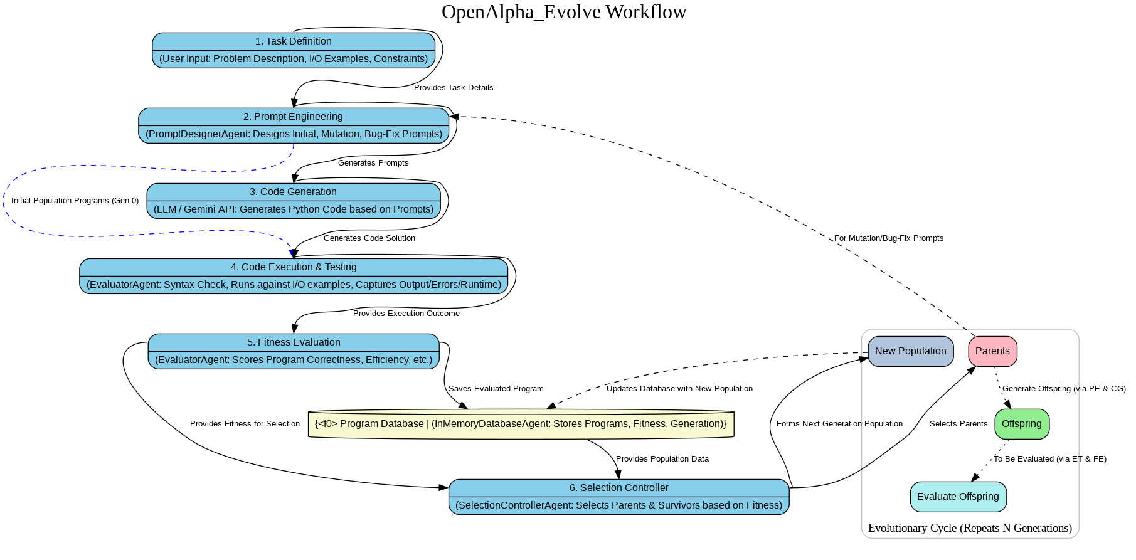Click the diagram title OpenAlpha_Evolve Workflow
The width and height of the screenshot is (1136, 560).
click(563, 12)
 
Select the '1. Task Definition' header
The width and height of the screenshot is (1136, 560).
click(293, 41)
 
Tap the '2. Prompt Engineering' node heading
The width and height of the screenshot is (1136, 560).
click(293, 117)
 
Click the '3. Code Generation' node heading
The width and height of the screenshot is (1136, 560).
click(293, 192)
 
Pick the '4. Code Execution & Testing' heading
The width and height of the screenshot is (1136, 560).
click(293, 267)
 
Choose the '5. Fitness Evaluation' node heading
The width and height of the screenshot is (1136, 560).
click(293, 342)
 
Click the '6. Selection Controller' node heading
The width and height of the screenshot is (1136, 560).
click(618, 488)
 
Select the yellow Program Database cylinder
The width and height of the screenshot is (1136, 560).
click(521, 424)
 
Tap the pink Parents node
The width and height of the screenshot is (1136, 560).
click(992, 351)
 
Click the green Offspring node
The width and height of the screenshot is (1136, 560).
click(1021, 424)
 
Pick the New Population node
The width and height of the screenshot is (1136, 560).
click(910, 351)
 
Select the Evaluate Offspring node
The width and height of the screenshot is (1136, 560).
click(958, 497)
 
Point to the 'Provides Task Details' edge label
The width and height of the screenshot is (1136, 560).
click(454, 88)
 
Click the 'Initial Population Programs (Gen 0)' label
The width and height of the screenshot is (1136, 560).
click(75, 201)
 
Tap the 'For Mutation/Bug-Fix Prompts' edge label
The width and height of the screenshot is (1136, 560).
click(888, 238)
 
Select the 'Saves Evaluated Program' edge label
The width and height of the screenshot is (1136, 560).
click(496, 389)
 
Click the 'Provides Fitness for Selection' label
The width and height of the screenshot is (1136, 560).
click(245, 424)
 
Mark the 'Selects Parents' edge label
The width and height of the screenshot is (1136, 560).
click(958, 424)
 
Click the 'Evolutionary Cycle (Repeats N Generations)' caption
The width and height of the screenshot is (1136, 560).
click(970, 528)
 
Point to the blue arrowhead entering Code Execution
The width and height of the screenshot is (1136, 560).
click(292, 252)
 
